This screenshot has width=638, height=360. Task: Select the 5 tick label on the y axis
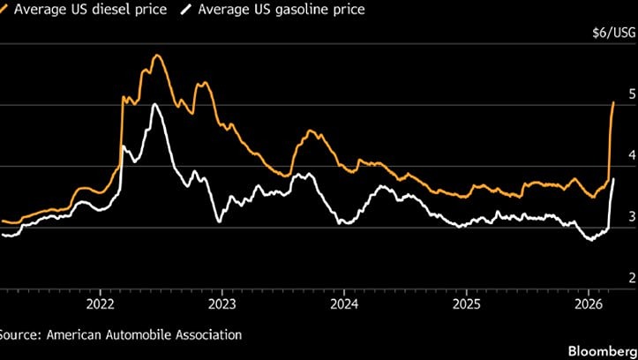(x=630, y=94)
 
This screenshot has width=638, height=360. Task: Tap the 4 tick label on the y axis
(x=630, y=155)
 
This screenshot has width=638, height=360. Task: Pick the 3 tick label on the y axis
(x=630, y=217)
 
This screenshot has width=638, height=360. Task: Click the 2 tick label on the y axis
(x=630, y=279)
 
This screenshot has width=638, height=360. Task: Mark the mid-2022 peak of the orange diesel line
(x=157, y=56)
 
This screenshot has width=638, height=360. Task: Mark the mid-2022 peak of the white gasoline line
(x=155, y=104)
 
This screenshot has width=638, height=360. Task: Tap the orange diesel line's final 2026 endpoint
(x=613, y=102)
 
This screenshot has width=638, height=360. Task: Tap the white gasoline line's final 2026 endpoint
(x=613, y=179)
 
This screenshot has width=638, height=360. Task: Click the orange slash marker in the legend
(x=5, y=11)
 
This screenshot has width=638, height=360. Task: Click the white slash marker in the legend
(x=185, y=11)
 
